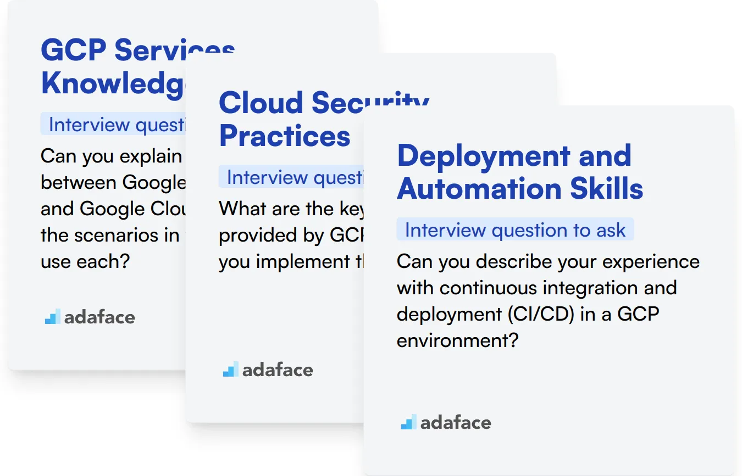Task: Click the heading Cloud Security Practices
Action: click(x=285, y=119)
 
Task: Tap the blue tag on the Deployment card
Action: click(x=515, y=230)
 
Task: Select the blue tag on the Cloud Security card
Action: click(x=291, y=177)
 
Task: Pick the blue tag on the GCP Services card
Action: click(x=113, y=125)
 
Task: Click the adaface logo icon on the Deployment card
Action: click(x=408, y=422)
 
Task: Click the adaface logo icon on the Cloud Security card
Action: click(x=230, y=369)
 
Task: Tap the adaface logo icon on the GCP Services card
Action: click(x=53, y=317)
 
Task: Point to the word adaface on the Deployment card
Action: click(x=456, y=423)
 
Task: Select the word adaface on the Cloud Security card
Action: click(x=278, y=370)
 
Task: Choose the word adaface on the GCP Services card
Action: click(x=99, y=317)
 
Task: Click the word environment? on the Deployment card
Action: click(x=457, y=340)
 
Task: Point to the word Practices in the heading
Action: click(x=285, y=136)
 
